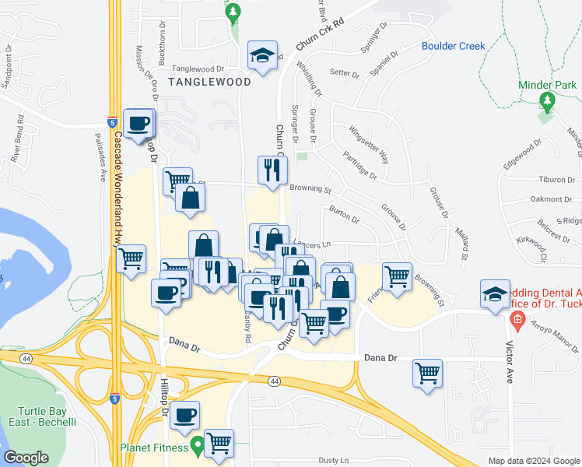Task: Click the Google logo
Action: pyautogui.click(x=26, y=458)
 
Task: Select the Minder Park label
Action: pyautogui.click(x=547, y=85)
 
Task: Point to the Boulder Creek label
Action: pyautogui.click(x=454, y=46)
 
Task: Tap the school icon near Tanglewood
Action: pyautogui.click(x=263, y=56)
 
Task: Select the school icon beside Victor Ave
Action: pyautogui.click(x=495, y=294)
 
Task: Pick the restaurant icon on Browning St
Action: pyautogui.click(x=272, y=170)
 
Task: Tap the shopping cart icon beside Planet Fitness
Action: pyautogui.click(x=219, y=444)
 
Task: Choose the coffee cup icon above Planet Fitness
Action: pyautogui.click(x=184, y=416)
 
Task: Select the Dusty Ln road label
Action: pyautogui.click(x=333, y=461)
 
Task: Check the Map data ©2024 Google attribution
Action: pyautogui.click(x=533, y=461)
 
